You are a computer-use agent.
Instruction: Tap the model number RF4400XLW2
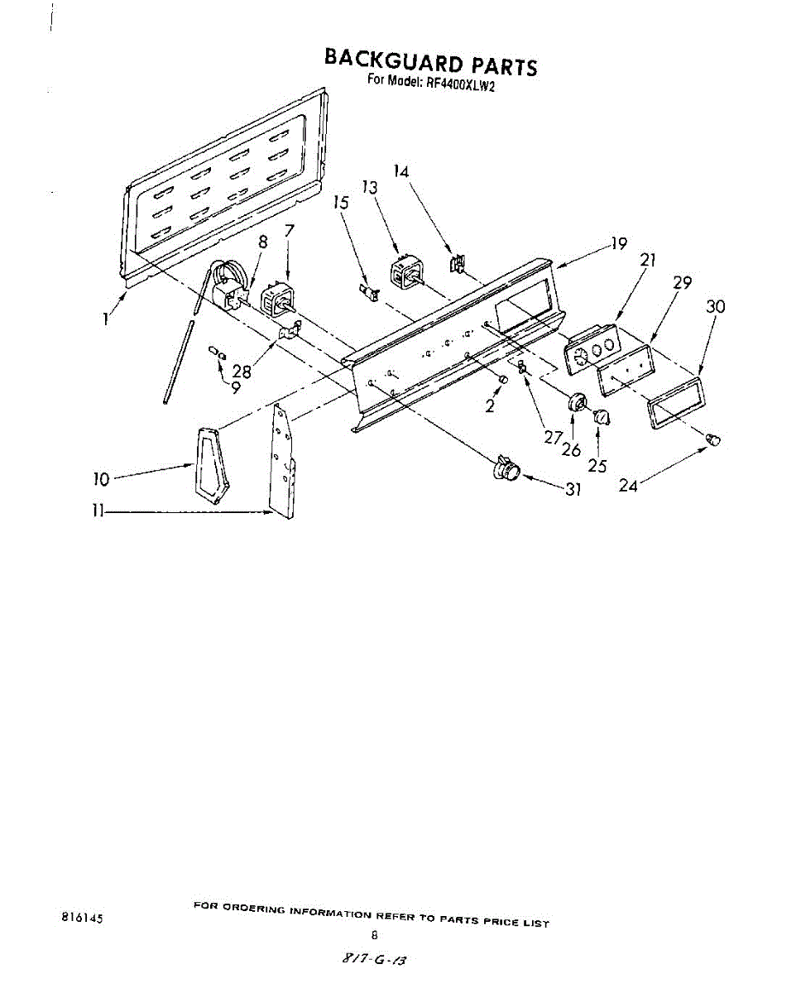point(460,84)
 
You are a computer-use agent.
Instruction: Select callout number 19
point(619,243)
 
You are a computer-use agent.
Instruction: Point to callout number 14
point(401,172)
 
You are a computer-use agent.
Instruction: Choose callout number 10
point(101,478)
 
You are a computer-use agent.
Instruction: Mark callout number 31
point(573,489)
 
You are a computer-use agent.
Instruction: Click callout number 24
point(628,486)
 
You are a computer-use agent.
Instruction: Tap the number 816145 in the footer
point(83,918)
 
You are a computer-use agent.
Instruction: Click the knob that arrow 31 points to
point(506,469)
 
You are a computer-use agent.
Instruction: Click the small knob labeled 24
point(713,438)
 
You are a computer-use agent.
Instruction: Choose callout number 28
point(242,372)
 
